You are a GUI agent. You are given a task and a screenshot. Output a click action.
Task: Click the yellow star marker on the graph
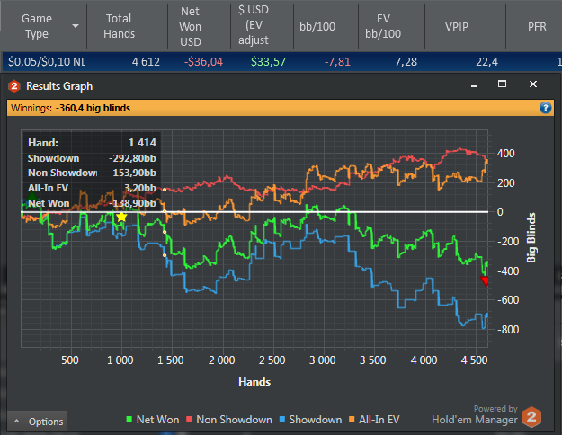click(121, 217)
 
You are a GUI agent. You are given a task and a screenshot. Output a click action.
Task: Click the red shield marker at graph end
click(486, 281)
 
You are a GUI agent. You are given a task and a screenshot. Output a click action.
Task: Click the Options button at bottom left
click(39, 421)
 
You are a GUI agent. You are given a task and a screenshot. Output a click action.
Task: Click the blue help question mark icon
click(545, 108)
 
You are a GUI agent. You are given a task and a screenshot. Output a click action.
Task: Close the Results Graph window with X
click(533, 84)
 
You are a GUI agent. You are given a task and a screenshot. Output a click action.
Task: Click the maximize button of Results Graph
click(503, 84)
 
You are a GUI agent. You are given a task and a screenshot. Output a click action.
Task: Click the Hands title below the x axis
click(254, 381)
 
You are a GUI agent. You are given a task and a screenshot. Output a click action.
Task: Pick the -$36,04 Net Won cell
click(203, 62)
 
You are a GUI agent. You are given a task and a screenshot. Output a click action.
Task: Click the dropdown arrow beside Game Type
click(76, 26)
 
